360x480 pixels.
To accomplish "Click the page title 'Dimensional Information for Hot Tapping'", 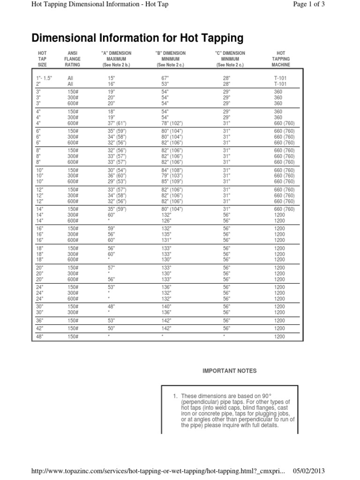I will point(137,37).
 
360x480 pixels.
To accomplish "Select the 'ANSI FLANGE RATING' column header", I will point(73,59).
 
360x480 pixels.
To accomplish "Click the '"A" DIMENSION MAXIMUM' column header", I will point(116,59).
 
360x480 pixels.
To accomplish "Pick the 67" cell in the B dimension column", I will point(165,77).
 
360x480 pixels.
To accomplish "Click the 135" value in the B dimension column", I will point(165,234).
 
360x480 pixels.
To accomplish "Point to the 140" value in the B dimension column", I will point(165,306).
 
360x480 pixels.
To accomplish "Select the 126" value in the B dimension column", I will point(165,221).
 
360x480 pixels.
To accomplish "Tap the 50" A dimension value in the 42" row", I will point(112,329).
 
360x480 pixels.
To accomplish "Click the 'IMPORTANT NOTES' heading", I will point(229,371).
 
